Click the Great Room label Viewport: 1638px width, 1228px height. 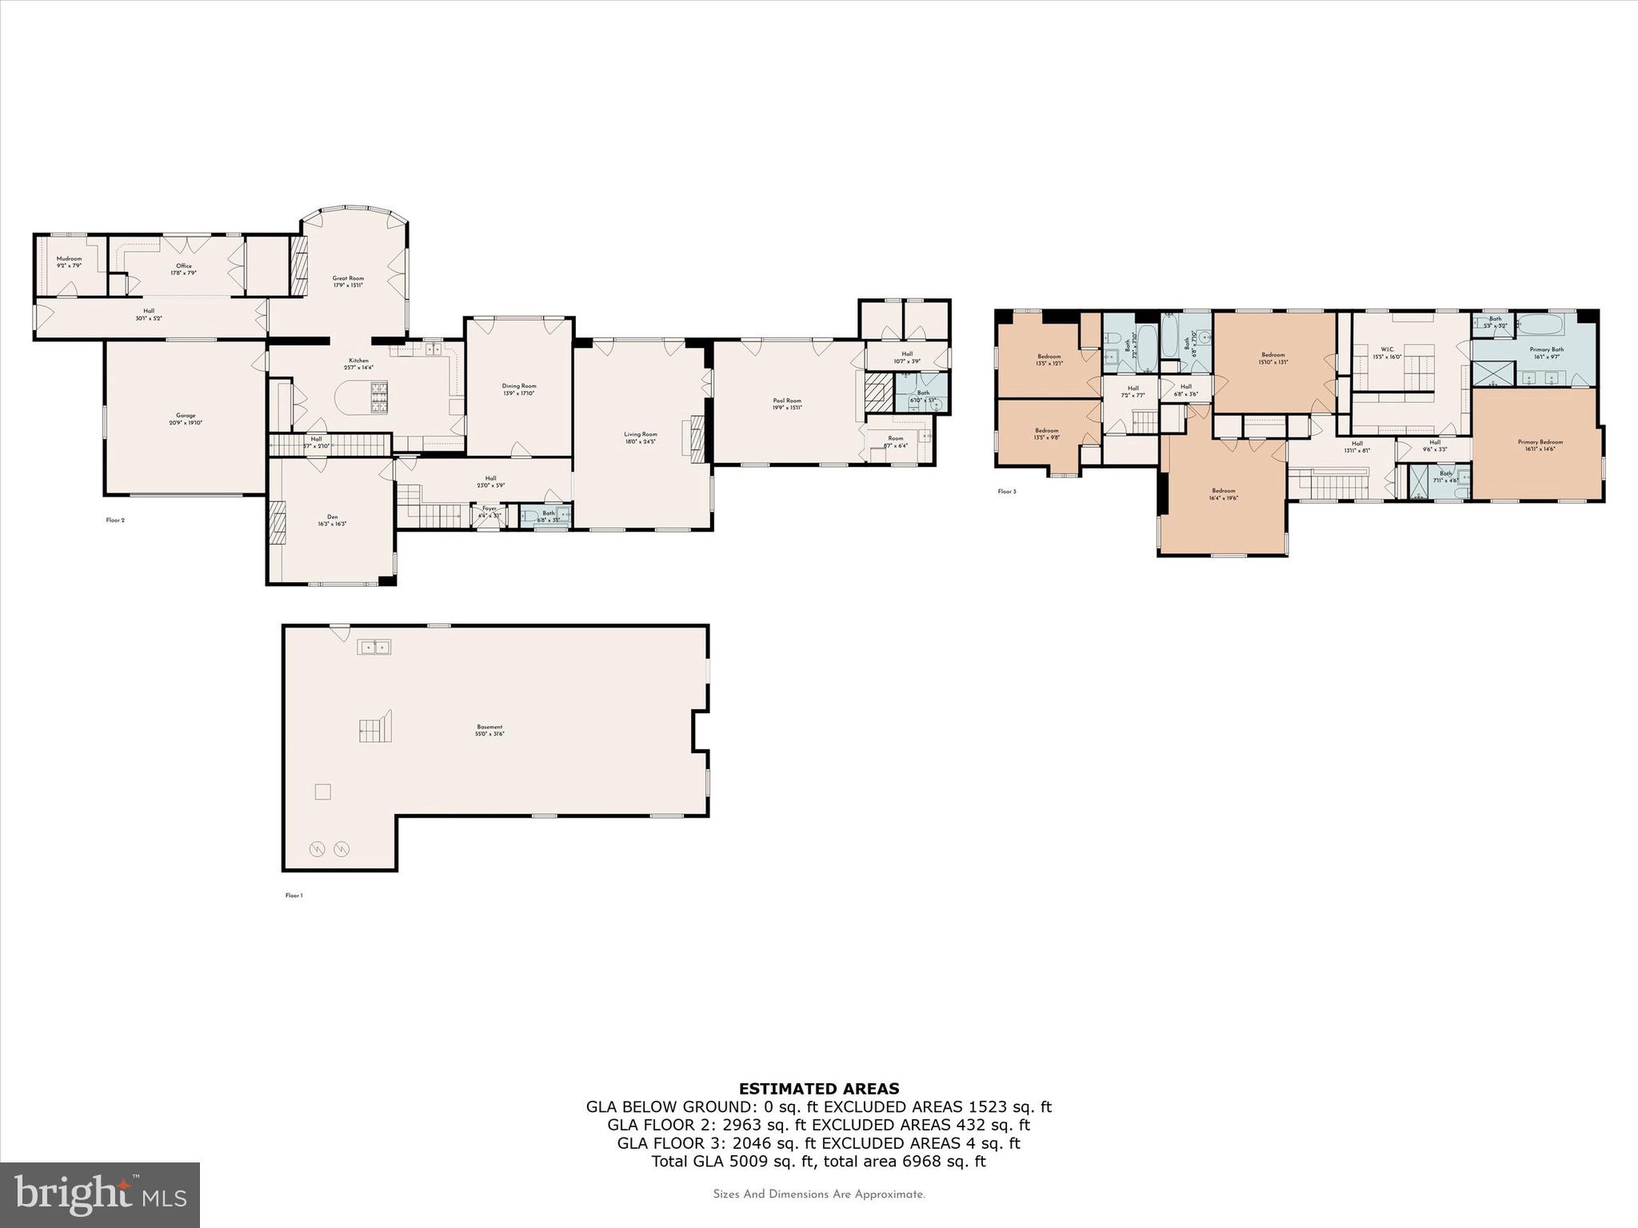tap(348, 279)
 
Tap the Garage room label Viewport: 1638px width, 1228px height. tap(186, 416)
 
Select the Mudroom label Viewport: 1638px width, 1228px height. tap(69, 259)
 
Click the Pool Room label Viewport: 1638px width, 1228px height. tap(787, 401)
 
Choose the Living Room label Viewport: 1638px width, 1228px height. tap(641, 435)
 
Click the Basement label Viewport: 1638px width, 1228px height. tap(490, 728)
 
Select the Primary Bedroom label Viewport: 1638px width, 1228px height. tap(1540, 442)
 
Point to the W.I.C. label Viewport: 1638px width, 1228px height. tap(1387, 349)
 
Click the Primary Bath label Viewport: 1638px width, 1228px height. tap(1546, 350)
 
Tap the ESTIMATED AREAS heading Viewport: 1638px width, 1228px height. tap(818, 1089)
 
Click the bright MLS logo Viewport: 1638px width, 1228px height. tap(100, 1195)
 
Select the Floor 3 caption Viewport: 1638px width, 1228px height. tap(1007, 492)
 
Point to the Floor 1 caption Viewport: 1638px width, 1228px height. tap(294, 895)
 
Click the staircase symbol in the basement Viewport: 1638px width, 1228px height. tap(375, 727)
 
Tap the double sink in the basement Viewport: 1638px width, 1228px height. tap(374, 647)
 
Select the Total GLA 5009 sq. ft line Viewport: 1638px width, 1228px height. tap(818, 1162)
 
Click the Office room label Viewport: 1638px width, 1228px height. tap(184, 266)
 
